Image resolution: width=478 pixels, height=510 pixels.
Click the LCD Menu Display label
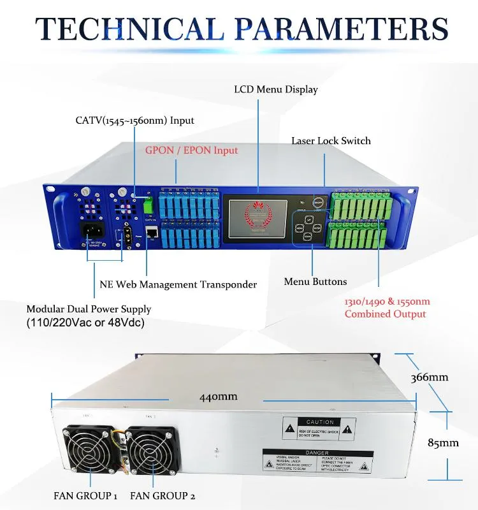click(x=275, y=89)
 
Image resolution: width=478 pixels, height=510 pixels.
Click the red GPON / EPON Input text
click(x=191, y=150)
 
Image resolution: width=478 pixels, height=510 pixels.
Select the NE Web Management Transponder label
click(x=178, y=284)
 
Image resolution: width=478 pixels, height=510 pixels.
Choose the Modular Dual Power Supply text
click(x=89, y=309)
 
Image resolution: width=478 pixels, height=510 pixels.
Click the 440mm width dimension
click(x=218, y=397)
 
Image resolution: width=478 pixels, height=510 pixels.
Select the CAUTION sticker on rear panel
click(x=319, y=430)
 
